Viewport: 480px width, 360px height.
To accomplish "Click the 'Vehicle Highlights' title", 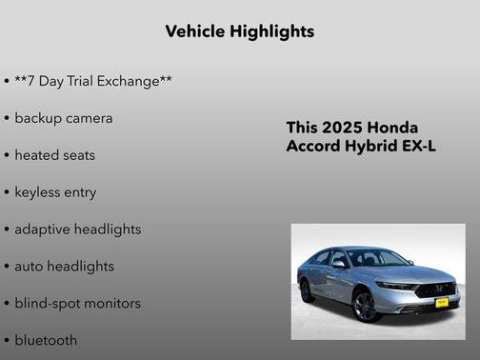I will click(239, 31).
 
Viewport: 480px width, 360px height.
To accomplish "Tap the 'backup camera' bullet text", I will click(64, 118).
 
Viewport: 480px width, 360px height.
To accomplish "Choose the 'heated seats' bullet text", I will click(55, 155).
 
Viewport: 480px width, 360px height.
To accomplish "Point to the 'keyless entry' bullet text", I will click(55, 192).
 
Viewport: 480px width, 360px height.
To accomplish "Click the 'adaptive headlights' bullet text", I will click(78, 230).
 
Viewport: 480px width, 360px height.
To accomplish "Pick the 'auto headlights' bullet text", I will click(65, 267).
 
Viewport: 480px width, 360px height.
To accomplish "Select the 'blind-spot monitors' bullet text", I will click(78, 304).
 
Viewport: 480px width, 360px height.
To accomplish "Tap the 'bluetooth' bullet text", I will click(46, 340).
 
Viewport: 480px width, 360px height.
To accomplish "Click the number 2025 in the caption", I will click(342, 128).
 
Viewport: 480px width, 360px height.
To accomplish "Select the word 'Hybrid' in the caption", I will click(373, 147).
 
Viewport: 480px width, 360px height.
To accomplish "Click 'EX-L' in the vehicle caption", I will click(420, 147).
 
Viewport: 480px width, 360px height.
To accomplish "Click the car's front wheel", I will click(365, 306).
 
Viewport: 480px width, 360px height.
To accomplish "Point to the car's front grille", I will click(437, 289).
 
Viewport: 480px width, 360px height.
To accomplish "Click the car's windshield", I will click(376, 258).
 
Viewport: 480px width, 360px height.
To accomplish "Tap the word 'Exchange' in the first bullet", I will click(132, 81).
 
